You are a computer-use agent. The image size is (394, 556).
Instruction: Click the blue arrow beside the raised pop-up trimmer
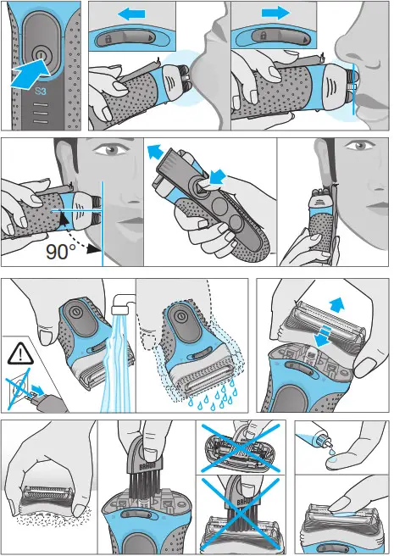point(155,152)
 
